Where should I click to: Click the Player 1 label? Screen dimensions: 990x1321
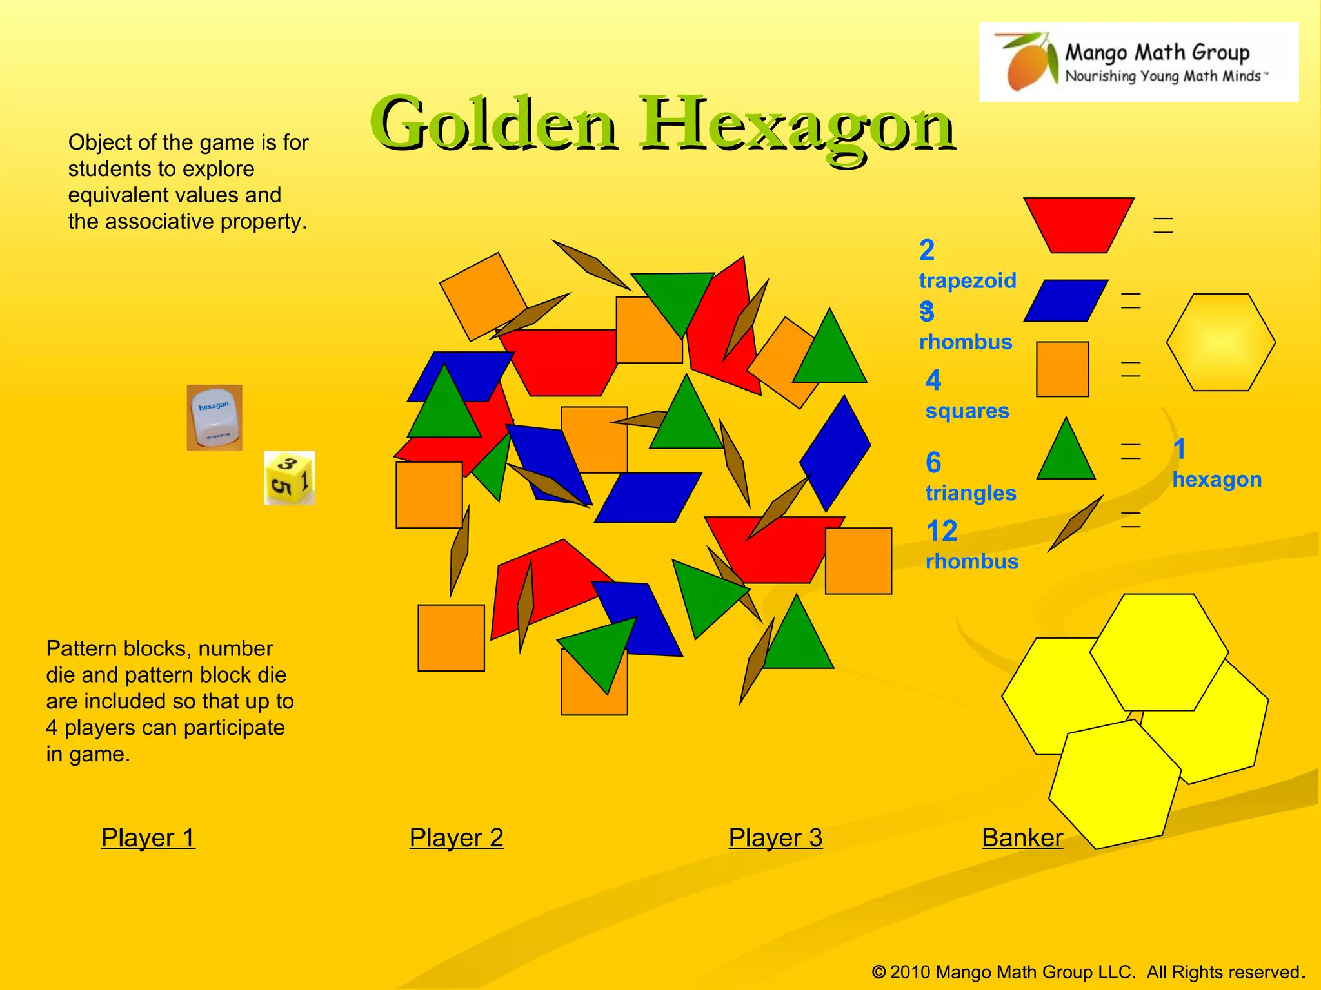[148, 837]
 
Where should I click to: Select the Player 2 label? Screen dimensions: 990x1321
[456, 837]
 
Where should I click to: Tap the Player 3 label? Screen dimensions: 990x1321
[775, 837]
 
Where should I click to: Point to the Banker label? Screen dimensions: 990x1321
[1022, 837]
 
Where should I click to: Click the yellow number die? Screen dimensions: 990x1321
[290, 478]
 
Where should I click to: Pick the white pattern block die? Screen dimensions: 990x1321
[215, 418]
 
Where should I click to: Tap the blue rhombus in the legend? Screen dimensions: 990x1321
[1066, 300]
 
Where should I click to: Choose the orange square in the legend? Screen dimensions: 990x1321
[1062, 369]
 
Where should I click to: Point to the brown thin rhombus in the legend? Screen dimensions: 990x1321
[1075, 523]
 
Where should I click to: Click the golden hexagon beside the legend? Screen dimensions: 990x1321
[1220, 342]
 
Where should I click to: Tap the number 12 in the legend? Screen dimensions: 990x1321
[942, 531]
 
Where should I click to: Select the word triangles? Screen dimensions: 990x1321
[971, 493]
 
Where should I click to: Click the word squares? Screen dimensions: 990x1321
[967, 411]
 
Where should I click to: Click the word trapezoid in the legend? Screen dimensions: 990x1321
[968, 280]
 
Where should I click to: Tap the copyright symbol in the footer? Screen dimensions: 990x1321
[879, 972]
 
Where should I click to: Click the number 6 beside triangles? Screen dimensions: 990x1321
[933, 462]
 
